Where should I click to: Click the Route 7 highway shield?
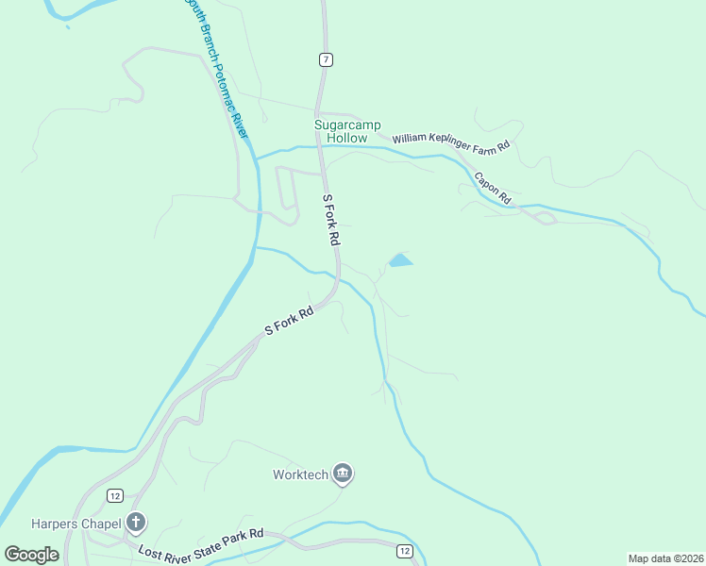(326, 59)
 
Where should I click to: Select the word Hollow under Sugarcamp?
(346, 138)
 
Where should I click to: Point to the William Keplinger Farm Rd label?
(450, 141)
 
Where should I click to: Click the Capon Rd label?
(492, 188)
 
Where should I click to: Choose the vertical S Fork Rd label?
(330, 220)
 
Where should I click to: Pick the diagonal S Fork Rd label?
(288, 322)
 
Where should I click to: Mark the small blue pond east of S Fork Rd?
(400, 260)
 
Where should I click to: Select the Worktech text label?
(300, 474)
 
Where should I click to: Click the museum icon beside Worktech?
(343, 474)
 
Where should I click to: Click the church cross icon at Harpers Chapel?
(136, 522)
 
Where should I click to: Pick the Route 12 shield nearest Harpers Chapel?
(114, 495)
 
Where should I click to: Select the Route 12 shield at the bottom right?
(404, 551)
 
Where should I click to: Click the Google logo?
(31, 555)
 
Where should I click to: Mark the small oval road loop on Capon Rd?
(545, 219)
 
